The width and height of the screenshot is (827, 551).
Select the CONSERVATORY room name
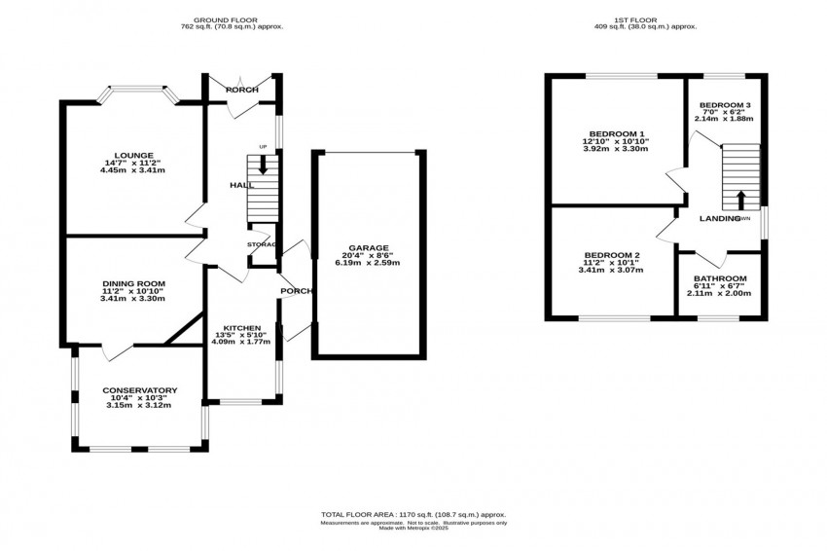pyautogui.click(x=140, y=390)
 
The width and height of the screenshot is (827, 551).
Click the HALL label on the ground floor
pyautogui.click(x=241, y=185)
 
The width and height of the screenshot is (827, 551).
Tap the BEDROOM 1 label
pyautogui.click(x=616, y=133)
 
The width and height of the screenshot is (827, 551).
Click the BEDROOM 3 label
pyautogui.click(x=727, y=105)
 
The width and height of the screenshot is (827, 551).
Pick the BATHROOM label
pyautogui.click(x=720, y=277)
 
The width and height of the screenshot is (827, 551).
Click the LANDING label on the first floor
pyautogui.click(x=720, y=218)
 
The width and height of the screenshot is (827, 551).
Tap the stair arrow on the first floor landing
pyautogui.click(x=741, y=200)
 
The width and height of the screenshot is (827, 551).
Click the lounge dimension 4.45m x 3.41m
pyautogui.click(x=132, y=171)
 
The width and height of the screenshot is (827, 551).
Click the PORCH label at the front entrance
pyautogui.click(x=241, y=90)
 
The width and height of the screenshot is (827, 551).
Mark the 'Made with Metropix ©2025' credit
pyautogui.click(x=413, y=530)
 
